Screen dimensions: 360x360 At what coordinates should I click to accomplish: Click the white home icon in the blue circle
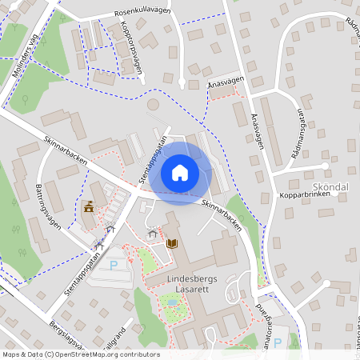pos(180,172)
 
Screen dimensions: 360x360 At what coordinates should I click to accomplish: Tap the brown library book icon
pos(172,243)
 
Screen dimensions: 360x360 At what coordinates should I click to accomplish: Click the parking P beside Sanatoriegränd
pos(278,342)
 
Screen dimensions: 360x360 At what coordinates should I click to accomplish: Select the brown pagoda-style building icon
pos(89,208)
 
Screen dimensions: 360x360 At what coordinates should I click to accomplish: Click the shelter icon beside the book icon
pos(151,234)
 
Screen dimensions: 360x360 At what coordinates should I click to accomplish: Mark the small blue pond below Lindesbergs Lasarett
pos(171,302)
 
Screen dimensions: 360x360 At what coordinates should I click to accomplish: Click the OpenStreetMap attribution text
pos(81,354)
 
